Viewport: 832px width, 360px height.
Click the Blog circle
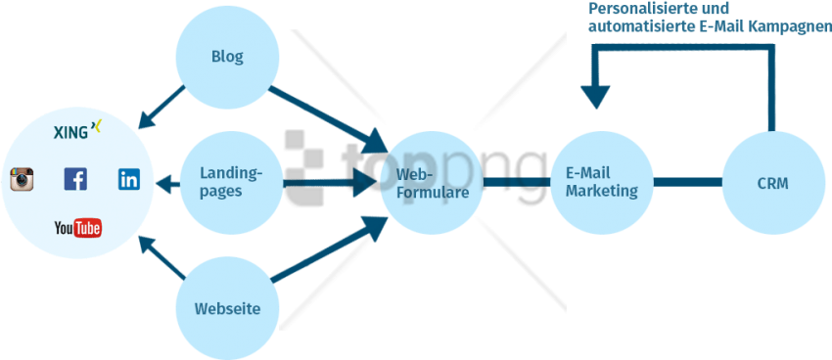pyautogui.click(x=227, y=57)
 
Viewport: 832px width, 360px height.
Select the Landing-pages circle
pyautogui.click(x=231, y=182)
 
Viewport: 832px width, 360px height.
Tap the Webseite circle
pyautogui.click(x=227, y=308)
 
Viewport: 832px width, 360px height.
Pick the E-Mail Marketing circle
pyautogui.click(x=601, y=182)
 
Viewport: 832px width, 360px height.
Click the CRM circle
pyautogui.click(x=772, y=183)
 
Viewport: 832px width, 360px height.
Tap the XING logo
pyautogui.click(x=77, y=129)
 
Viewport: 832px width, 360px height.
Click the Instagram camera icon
pyautogui.click(x=23, y=179)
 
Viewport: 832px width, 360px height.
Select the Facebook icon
pyautogui.click(x=75, y=179)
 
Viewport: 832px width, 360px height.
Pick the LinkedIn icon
pyautogui.click(x=129, y=179)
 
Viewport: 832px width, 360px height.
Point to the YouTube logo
pyautogui.click(x=77, y=229)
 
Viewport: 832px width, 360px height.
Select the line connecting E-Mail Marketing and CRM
pyautogui.click(x=687, y=182)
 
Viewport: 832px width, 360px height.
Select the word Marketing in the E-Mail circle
pyautogui.click(x=601, y=191)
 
